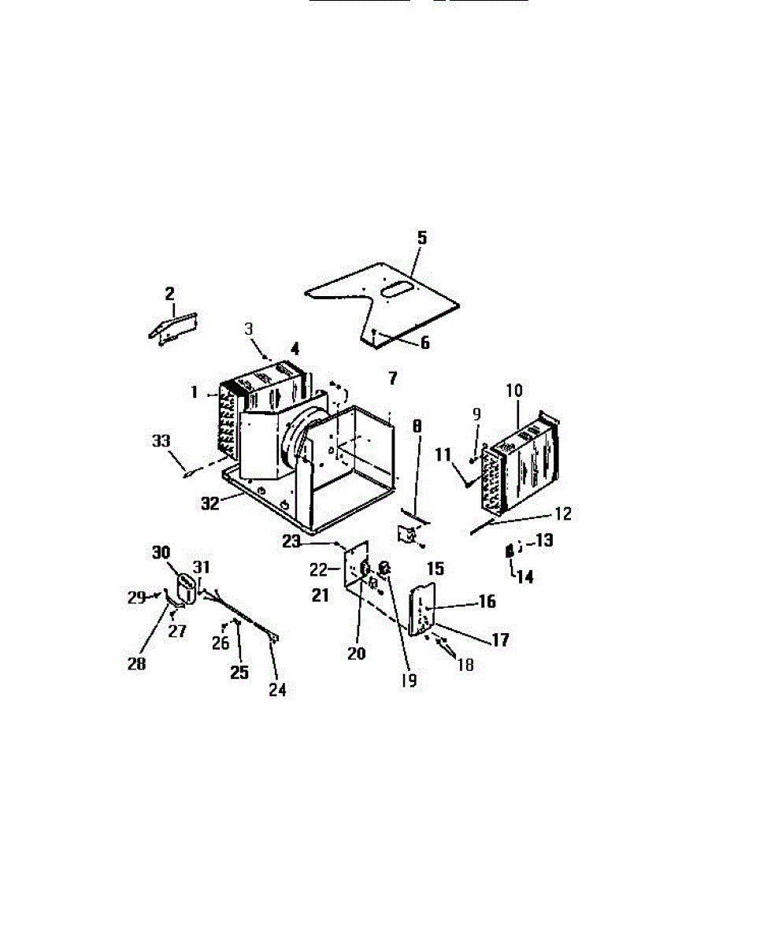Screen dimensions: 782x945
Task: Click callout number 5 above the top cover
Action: [422, 237]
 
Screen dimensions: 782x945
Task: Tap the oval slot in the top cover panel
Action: [395, 291]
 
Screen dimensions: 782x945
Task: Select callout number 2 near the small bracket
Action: [170, 294]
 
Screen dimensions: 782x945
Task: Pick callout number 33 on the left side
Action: [161, 441]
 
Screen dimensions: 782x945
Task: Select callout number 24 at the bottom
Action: [276, 690]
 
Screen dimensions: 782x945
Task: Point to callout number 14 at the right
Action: [524, 576]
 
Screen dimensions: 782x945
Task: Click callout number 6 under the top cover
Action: [424, 343]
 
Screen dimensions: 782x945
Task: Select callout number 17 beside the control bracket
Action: [500, 640]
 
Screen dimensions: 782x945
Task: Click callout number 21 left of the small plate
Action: [320, 596]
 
